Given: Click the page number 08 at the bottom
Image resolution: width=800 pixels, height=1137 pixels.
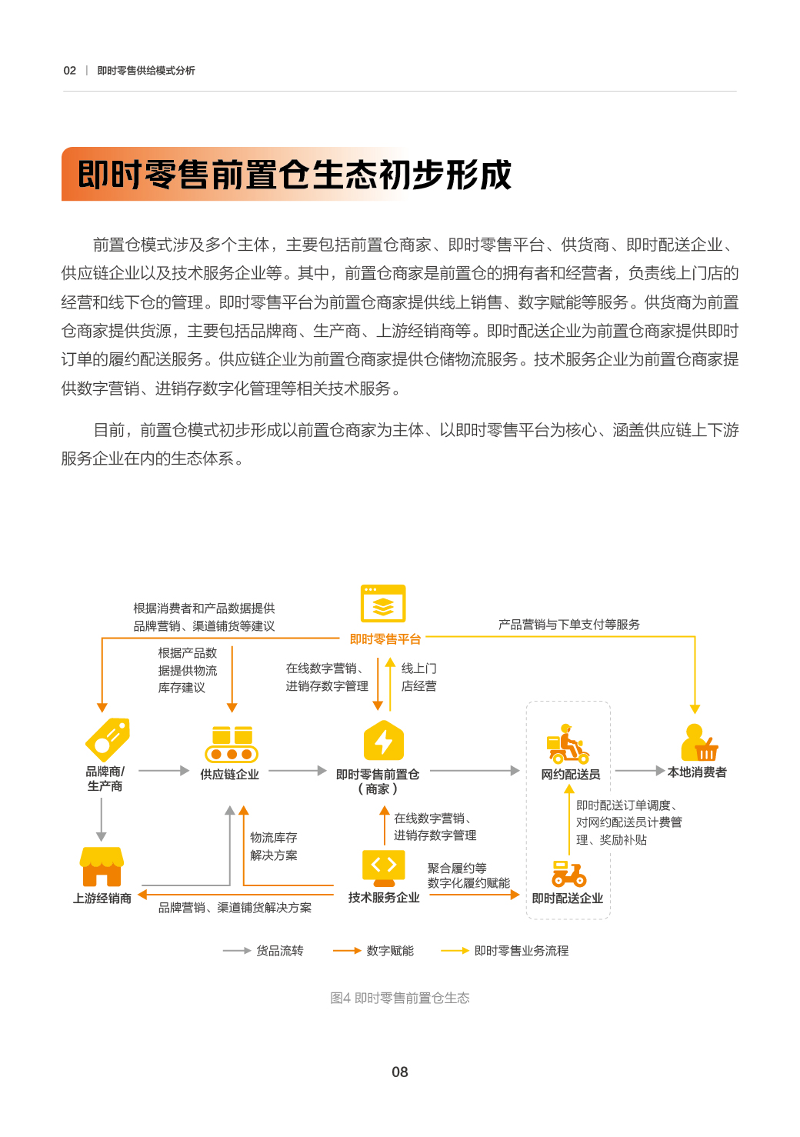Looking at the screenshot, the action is (x=399, y=1072).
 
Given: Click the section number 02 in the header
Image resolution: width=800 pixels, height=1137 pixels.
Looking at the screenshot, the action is (x=69, y=71).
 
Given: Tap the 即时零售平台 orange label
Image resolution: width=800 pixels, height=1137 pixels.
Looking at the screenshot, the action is (x=385, y=639).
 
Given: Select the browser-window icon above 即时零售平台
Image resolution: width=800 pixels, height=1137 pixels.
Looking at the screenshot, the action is (x=383, y=603).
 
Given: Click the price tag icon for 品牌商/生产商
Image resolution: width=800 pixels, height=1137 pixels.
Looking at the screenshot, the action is (x=108, y=740).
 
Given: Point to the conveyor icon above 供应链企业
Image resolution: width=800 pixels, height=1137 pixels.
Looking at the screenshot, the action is (x=232, y=745).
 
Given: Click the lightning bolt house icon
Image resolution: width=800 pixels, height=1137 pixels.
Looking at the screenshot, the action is (x=384, y=740).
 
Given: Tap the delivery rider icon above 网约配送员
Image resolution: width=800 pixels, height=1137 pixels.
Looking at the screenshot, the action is (x=568, y=744).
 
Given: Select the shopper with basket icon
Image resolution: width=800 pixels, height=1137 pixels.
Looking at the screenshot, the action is (x=699, y=742).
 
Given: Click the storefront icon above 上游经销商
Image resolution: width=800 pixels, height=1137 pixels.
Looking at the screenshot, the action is (x=102, y=866).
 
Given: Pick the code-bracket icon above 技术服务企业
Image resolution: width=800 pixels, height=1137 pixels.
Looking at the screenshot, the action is (x=384, y=868).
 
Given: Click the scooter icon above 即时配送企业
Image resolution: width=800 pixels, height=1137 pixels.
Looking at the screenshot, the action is (x=569, y=874).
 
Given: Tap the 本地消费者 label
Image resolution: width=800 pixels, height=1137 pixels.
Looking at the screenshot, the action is (x=697, y=772).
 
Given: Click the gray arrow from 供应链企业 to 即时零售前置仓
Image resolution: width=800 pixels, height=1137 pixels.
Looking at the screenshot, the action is (x=298, y=771).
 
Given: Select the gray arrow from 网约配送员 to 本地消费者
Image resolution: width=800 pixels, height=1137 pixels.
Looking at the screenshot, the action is (x=639, y=771).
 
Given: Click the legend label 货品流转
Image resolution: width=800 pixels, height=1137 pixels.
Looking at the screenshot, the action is (x=280, y=951).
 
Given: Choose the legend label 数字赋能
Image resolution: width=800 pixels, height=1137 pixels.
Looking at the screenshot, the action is (x=390, y=951).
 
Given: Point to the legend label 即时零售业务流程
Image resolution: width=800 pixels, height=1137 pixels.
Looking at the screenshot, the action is (x=522, y=951).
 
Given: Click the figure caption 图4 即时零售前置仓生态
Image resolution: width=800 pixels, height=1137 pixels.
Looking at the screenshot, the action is (x=400, y=998).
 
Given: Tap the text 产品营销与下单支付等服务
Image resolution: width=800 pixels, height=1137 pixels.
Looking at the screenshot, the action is (x=569, y=625).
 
